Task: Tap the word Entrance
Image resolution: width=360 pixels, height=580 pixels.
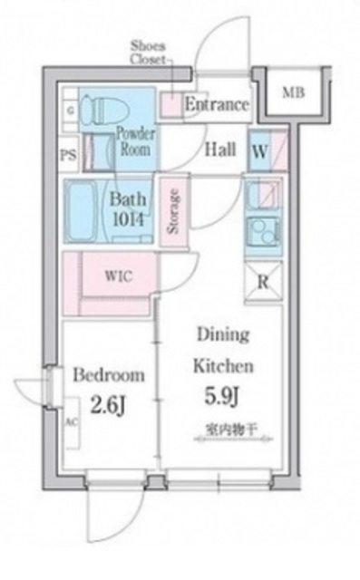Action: (x=217, y=105)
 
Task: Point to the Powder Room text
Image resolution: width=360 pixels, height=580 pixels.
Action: (x=135, y=141)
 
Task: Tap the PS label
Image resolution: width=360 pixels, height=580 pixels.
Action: (x=68, y=154)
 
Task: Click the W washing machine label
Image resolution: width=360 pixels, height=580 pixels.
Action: (x=258, y=151)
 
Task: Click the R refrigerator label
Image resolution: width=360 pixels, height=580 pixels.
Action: (x=263, y=282)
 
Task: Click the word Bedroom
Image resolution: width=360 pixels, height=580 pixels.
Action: (x=109, y=374)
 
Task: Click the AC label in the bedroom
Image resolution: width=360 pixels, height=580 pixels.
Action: (x=70, y=422)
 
